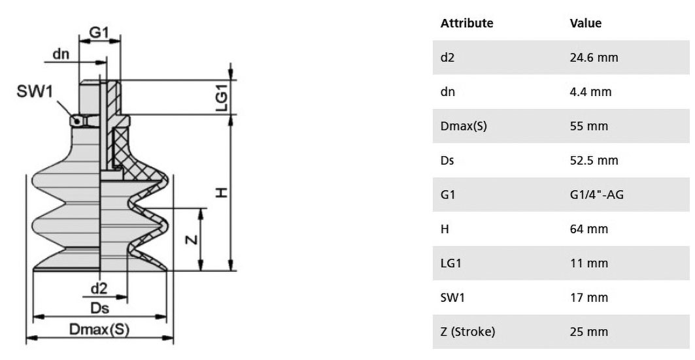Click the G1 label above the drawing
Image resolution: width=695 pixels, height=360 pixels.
99,32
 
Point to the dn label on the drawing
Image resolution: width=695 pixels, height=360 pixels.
61,54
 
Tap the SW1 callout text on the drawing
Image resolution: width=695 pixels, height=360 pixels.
35,91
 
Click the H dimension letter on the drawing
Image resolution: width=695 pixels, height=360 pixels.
222,193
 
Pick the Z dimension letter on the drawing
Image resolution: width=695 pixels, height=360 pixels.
192,240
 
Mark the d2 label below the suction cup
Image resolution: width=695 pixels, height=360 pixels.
99,289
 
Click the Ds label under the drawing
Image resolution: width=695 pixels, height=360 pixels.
99,308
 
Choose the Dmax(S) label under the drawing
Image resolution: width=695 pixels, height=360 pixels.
99,329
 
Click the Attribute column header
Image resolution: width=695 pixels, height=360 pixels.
467,23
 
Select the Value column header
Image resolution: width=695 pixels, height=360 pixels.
586,23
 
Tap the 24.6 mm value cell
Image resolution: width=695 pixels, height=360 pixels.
594,57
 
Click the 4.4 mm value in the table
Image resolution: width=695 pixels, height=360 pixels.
590,91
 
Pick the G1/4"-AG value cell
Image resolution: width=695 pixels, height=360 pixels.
596,195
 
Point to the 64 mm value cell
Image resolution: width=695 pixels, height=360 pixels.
588,229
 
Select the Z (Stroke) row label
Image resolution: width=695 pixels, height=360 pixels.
467,332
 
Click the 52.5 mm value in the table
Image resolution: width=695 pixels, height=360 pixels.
594,160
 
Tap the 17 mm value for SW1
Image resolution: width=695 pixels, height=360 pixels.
588,297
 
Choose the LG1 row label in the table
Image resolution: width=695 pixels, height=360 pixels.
450,263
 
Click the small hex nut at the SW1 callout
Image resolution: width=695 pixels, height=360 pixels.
84,121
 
